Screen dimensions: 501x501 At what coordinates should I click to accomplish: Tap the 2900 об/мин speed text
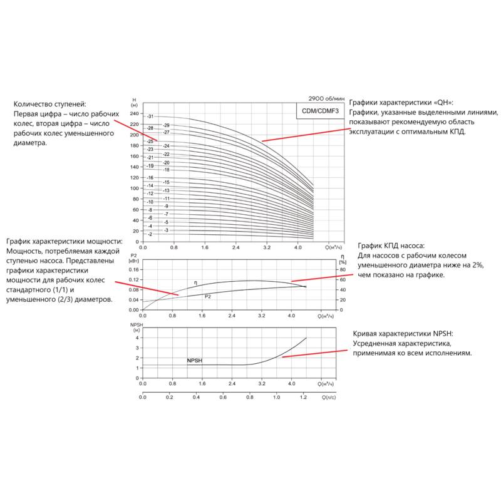pyautogui.click(x=326, y=99)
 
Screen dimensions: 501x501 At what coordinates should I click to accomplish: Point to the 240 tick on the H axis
pyautogui.click(x=135, y=114)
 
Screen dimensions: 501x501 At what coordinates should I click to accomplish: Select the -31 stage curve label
pyautogui.click(x=150, y=117)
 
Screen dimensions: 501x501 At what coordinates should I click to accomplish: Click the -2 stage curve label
pyautogui.click(x=150, y=234)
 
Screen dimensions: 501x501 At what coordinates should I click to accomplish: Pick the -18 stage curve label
pyautogui.click(x=167, y=170)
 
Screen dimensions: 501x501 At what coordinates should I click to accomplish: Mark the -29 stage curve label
pyautogui.click(x=167, y=126)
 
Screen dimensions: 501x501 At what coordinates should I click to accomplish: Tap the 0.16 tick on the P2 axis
pyautogui.click(x=133, y=269)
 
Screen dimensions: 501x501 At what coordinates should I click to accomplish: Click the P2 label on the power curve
pyautogui.click(x=208, y=296)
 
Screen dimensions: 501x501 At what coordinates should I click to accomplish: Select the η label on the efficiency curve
pyautogui.click(x=195, y=283)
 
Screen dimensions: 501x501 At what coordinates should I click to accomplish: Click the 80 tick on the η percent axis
pyautogui.click(x=341, y=269)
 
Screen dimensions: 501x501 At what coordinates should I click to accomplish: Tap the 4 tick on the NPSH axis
pyautogui.click(x=137, y=338)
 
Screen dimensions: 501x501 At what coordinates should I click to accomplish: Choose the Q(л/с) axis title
pyautogui.click(x=330, y=398)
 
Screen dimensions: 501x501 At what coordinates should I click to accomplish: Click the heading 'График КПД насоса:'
pyautogui.click(x=391, y=246)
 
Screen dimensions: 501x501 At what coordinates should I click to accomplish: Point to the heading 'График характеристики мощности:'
pyautogui.click(x=65, y=242)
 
